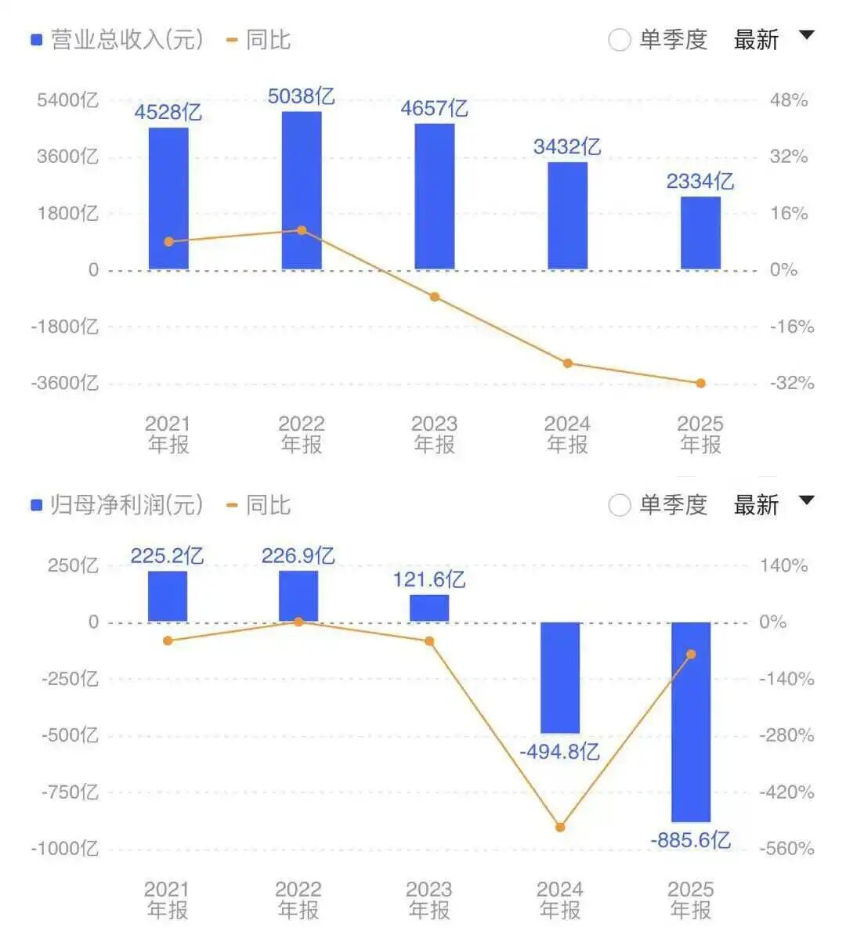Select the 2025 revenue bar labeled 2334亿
click(x=700, y=233)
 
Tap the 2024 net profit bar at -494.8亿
click(x=560, y=677)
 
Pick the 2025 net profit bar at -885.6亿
click(x=691, y=721)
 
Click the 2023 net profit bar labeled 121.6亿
click(x=429, y=608)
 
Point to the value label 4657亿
click(x=434, y=108)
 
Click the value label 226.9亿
click(x=298, y=556)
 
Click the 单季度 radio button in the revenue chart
click(x=620, y=40)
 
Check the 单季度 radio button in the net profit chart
click(x=620, y=506)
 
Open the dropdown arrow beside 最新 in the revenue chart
click(x=806, y=35)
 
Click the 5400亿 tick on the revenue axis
click(x=67, y=100)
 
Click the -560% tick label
click(x=786, y=849)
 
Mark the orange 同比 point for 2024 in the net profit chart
click(x=560, y=827)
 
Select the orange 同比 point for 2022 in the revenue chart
click(x=302, y=230)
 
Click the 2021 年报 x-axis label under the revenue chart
click(x=168, y=435)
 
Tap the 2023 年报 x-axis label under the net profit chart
click(x=429, y=900)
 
